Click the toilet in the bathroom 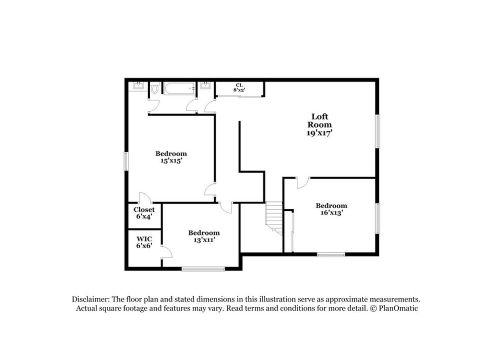154,89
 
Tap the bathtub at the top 179,89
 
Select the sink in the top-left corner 137,86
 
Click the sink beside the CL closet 205,86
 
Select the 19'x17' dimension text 319,133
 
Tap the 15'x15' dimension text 170,161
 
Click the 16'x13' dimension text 331,212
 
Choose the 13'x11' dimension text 203,239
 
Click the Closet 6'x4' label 143,213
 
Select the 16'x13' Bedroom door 302,183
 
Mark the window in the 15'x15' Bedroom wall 126,161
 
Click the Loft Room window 377,131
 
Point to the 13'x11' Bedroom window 203,269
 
